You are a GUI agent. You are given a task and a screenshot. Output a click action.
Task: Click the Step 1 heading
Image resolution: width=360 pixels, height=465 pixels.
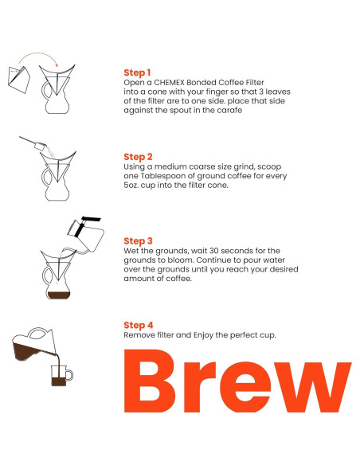[137, 72]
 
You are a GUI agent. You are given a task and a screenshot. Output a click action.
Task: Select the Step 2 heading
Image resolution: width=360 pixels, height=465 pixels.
[138, 157]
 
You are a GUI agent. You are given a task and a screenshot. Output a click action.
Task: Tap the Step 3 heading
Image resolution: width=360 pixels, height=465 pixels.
[138, 241]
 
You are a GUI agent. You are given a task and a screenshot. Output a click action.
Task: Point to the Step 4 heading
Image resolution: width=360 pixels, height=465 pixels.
[139, 326]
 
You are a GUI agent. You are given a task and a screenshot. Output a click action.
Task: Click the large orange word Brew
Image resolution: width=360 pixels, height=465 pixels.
[237, 381]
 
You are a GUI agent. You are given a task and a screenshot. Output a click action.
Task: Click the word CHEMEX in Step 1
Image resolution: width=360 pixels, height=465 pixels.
[169, 83]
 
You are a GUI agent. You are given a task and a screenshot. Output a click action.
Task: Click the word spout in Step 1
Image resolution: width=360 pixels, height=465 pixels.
[179, 111]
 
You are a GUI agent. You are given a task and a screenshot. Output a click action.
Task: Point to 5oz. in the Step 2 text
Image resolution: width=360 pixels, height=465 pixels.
[131, 186]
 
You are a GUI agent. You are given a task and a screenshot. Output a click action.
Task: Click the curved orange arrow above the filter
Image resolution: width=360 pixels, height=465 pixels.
[37, 54]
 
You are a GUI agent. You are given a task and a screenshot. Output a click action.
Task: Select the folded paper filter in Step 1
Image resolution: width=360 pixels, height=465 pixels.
[19, 80]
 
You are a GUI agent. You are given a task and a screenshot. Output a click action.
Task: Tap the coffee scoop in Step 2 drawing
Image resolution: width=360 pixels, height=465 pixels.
[33, 143]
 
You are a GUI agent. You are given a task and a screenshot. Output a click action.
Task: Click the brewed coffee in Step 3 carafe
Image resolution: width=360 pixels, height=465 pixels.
[59, 295]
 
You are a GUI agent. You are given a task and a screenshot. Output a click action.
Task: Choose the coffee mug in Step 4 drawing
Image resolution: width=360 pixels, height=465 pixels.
[61, 376]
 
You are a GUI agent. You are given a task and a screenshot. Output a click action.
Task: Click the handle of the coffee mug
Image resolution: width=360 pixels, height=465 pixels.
[70, 375]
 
